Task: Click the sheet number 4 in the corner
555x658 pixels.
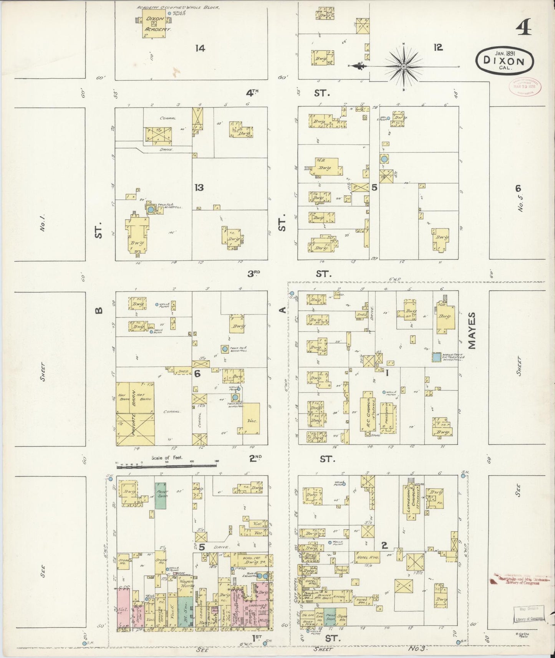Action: (x=524, y=27)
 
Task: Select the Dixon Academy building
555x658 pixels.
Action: (x=154, y=24)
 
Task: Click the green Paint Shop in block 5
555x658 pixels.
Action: (x=161, y=495)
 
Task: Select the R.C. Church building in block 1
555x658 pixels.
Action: (x=367, y=415)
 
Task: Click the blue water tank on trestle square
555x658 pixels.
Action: (x=436, y=357)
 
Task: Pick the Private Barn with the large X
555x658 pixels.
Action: (x=135, y=429)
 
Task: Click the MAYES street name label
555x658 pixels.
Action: (x=472, y=331)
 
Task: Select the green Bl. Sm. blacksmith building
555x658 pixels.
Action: (x=185, y=612)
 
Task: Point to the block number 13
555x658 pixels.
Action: (x=199, y=187)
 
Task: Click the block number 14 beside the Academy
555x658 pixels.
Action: (x=200, y=48)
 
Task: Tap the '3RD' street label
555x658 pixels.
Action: (x=253, y=273)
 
